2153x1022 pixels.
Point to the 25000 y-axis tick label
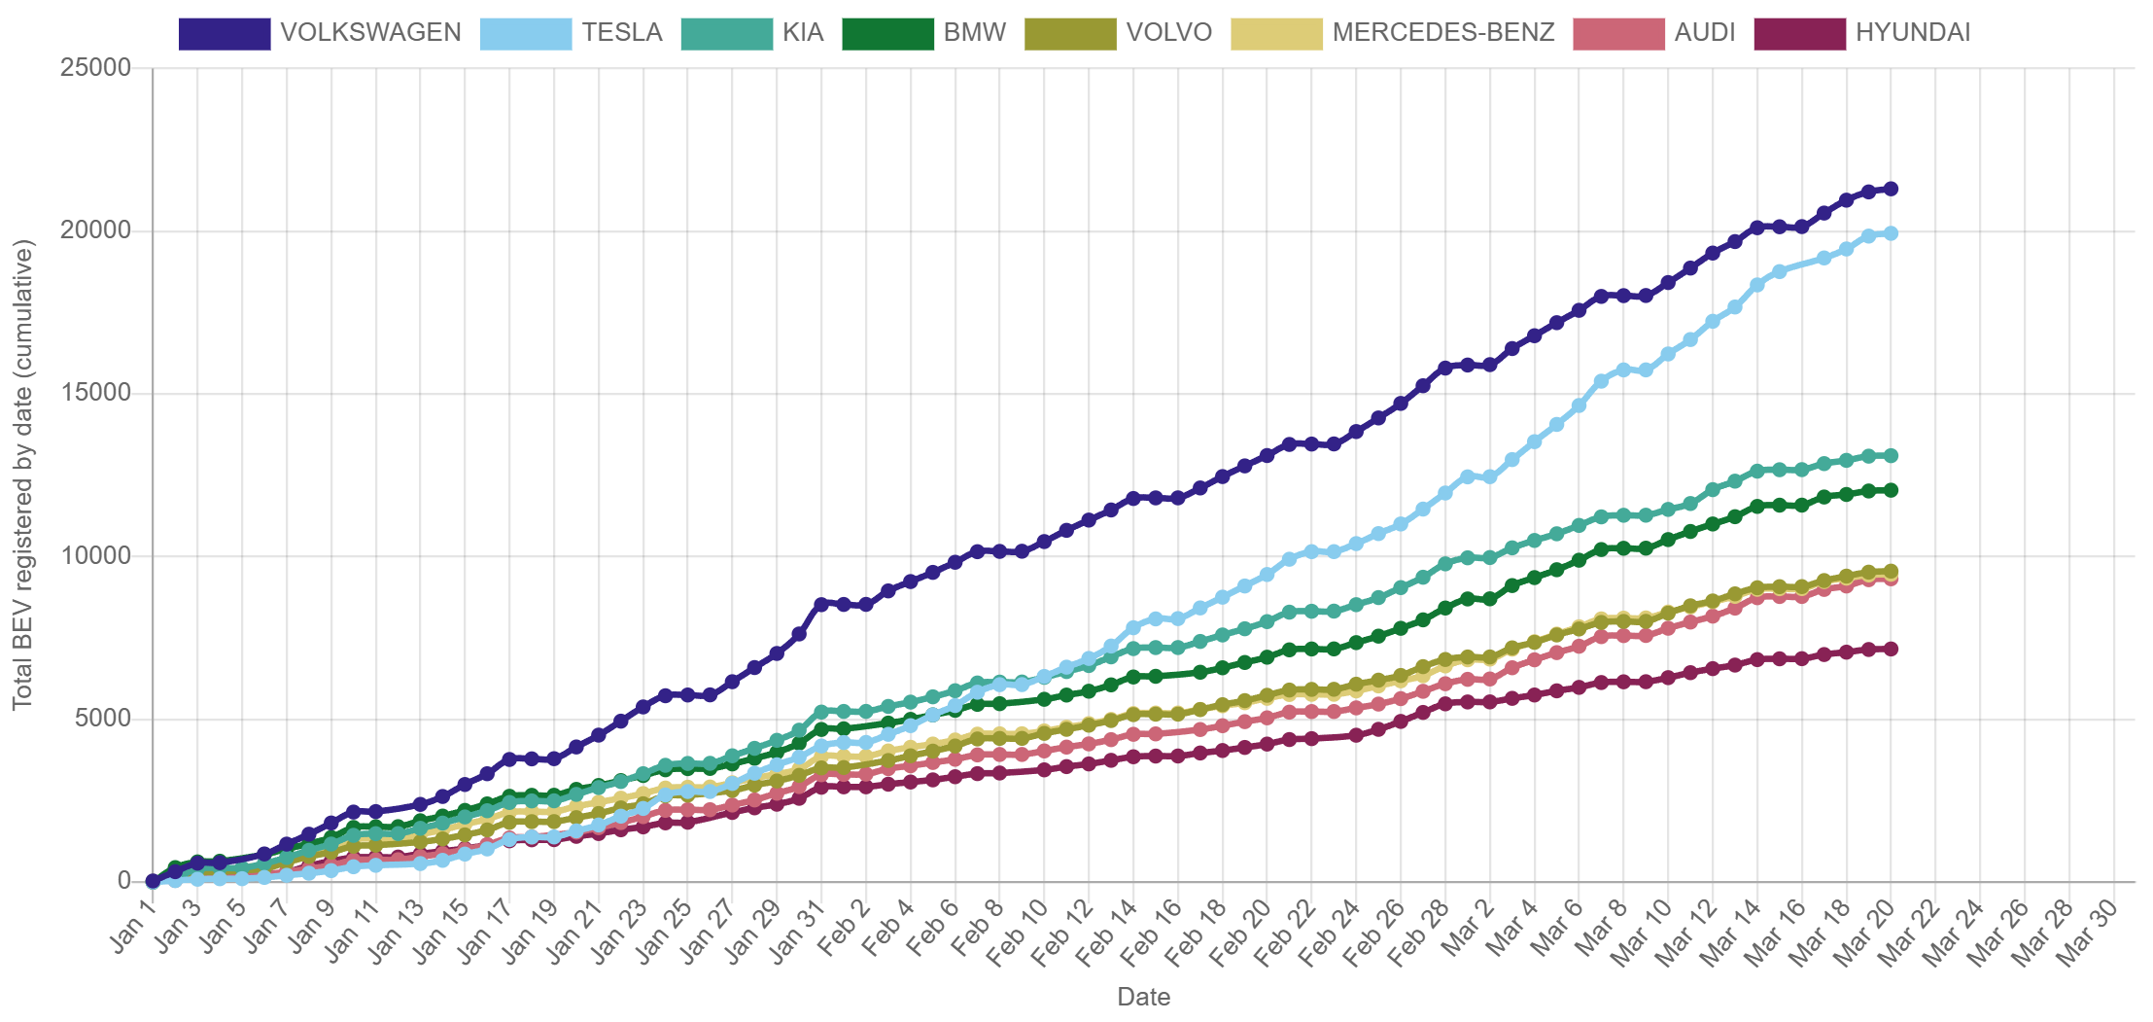coord(95,67)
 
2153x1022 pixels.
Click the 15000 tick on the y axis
coord(95,392)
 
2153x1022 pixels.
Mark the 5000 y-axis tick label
coord(102,718)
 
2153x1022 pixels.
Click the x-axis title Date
coord(1143,997)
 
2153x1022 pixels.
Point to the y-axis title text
coord(23,475)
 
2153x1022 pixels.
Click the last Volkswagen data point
coord(1891,189)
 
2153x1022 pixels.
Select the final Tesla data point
coord(1891,233)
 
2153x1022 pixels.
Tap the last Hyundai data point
coord(1891,649)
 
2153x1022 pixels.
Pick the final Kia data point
coord(1891,455)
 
